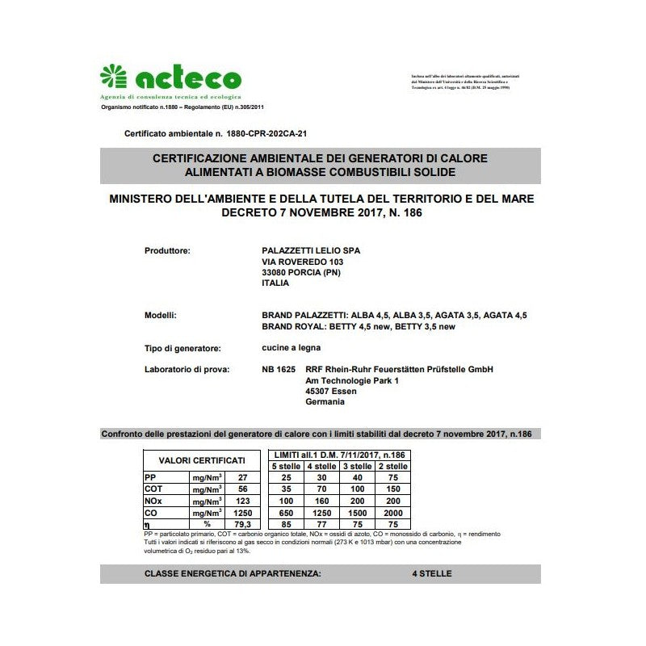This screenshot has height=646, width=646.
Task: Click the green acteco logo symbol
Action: pyautogui.click(x=114, y=78)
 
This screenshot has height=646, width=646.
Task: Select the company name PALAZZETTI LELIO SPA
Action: pyautogui.click(x=312, y=251)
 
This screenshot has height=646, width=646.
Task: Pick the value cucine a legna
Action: pyautogui.click(x=292, y=348)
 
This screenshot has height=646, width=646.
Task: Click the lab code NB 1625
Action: pyautogui.click(x=279, y=370)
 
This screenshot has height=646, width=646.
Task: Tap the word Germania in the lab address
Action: pyautogui.click(x=325, y=401)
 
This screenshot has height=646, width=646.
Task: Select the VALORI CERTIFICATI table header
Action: pyautogui.click(x=202, y=459)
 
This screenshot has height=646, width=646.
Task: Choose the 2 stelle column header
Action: pyautogui.click(x=392, y=466)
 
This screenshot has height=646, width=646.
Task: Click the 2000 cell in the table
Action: pyautogui.click(x=392, y=513)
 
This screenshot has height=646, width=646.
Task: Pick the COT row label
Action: pyautogui.click(x=153, y=489)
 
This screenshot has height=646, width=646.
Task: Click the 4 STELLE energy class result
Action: pyautogui.click(x=431, y=574)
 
